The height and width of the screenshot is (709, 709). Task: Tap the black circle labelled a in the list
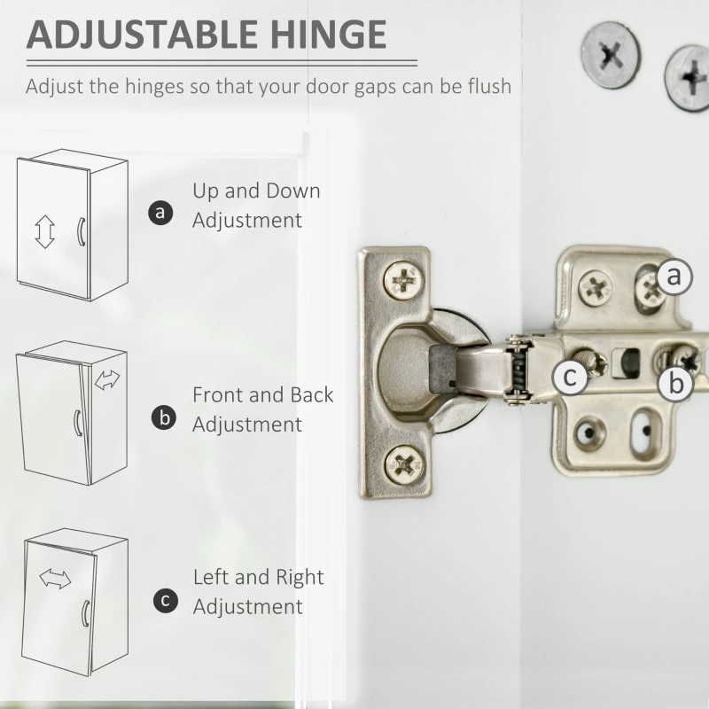coord(160,212)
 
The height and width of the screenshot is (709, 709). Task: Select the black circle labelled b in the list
coord(164,417)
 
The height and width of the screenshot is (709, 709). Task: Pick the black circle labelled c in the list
coord(166,601)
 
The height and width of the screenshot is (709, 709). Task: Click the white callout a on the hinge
coord(674,276)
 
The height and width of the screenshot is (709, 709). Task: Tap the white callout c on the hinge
coord(571,376)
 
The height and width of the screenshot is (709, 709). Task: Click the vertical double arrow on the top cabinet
coord(45,231)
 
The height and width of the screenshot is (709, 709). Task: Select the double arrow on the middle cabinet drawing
coord(107,379)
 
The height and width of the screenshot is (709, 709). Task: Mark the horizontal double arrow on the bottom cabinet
coord(55,580)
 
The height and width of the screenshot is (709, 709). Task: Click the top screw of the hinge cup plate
coord(403,280)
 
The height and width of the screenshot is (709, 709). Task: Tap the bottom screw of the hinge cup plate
coord(405,464)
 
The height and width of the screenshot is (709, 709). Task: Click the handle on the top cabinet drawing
coord(81,232)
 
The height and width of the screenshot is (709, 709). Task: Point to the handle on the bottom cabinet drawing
coord(85,614)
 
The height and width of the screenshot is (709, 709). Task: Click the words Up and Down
coord(256,191)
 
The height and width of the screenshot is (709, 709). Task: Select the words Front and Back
coord(262,394)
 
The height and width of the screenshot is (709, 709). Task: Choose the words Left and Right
coord(258,577)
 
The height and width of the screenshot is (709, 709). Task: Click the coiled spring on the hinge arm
coord(518,369)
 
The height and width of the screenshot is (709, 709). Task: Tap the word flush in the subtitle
coord(490,86)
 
